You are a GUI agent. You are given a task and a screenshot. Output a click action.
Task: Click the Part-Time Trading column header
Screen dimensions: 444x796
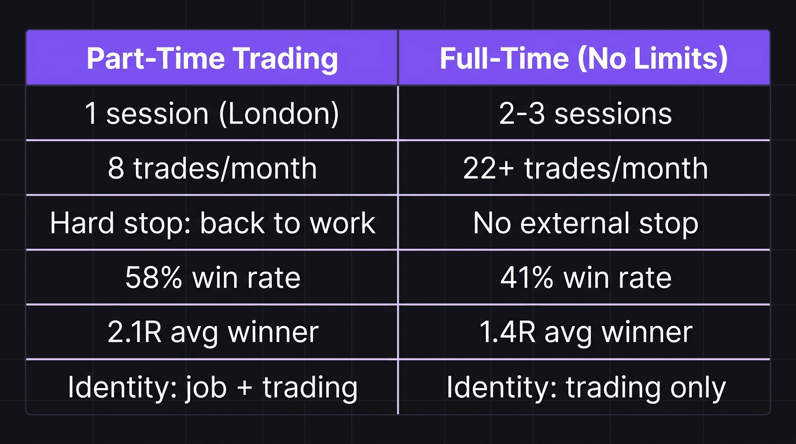click(212, 59)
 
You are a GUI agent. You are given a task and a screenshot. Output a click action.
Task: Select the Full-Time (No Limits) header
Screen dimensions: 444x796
click(584, 59)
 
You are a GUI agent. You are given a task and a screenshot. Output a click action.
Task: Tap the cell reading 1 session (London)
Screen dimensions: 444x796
click(212, 113)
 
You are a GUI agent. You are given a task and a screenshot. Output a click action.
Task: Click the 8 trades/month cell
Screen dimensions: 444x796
click(212, 168)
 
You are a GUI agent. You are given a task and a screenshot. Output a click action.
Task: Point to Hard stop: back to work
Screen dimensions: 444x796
click(212, 223)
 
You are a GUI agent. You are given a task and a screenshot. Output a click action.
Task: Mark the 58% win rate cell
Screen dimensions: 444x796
click(212, 278)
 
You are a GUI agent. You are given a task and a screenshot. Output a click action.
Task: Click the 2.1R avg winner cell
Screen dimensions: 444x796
click(212, 332)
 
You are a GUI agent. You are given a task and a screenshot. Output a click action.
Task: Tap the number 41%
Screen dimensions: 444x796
click(527, 278)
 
